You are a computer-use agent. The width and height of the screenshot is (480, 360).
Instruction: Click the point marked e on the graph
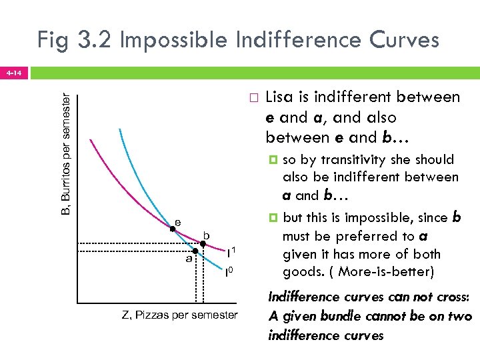(172, 229)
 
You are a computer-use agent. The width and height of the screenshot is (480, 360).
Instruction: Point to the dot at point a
(195, 251)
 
